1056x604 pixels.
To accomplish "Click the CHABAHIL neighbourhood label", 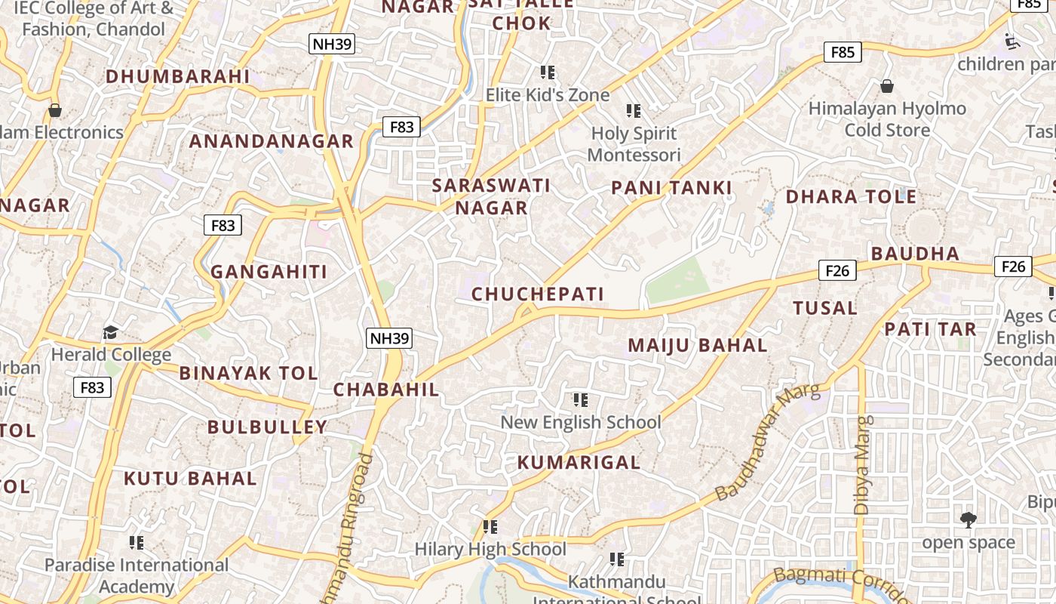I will [x=385, y=390].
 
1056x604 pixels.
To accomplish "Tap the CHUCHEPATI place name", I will [x=538, y=294].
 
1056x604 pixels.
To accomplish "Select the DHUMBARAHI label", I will [x=177, y=76].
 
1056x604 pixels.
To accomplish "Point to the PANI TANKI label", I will [x=671, y=188].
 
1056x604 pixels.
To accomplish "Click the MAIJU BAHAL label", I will [x=698, y=346].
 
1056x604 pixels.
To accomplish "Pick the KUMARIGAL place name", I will [x=579, y=462].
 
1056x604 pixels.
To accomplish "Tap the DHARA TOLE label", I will [x=851, y=197].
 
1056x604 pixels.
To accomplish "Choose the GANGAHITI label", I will [x=269, y=272].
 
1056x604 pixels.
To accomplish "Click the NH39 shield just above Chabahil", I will [x=389, y=338].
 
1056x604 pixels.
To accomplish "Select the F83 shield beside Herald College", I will [x=92, y=387].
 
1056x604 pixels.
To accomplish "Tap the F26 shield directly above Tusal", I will [x=837, y=270].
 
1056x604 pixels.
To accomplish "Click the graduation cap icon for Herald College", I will [x=111, y=332].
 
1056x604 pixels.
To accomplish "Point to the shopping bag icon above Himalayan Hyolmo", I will [x=887, y=86].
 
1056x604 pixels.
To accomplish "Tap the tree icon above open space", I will [x=969, y=519].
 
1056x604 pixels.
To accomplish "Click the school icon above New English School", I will [x=580, y=399].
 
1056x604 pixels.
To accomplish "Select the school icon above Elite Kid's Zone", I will [x=548, y=72].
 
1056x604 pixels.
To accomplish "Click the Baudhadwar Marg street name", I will [x=767, y=442].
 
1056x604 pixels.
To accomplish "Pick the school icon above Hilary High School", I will [x=490, y=526].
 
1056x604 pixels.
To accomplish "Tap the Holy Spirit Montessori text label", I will [x=634, y=144].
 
